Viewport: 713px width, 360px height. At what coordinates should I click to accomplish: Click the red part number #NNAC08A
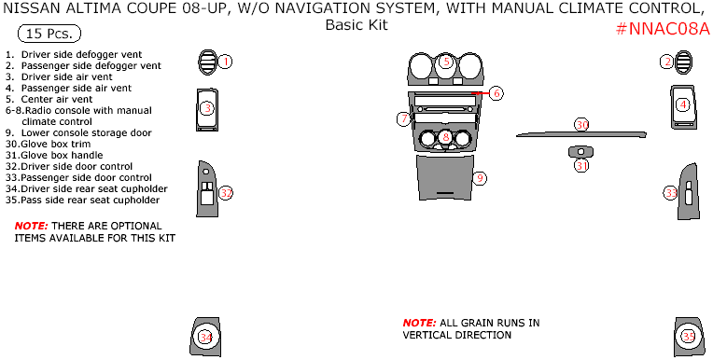(663, 29)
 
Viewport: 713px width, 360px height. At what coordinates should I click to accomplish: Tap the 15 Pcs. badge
(49, 34)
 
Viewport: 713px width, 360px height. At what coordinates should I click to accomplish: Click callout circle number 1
(225, 62)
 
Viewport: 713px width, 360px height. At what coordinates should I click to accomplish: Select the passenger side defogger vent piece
(683, 62)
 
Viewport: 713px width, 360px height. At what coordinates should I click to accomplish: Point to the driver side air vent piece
(207, 110)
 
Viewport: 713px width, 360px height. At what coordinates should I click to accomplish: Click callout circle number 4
(683, 105)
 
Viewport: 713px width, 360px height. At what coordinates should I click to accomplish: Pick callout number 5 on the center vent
(446, 62)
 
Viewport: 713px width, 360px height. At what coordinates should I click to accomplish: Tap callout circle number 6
(496, 93)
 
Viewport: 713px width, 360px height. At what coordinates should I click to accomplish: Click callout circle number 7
(403, 119)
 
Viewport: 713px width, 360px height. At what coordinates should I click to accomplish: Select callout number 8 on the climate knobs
(446, 137)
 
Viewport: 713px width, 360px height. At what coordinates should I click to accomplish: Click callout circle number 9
(480, 178)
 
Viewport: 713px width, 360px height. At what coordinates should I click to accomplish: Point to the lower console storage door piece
(445, 177)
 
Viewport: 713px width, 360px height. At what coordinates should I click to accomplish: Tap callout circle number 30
(582, 125)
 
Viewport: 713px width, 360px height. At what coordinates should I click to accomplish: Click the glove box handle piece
(580, 152)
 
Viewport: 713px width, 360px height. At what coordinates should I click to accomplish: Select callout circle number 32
(226, 193)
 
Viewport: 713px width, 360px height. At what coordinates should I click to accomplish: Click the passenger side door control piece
(688, 192)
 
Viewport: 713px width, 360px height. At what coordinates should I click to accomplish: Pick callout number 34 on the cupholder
(206, 338)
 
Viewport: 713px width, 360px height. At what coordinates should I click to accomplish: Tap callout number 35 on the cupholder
(689, 337)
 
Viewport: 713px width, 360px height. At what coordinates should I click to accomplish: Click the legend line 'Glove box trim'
(49, 144)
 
